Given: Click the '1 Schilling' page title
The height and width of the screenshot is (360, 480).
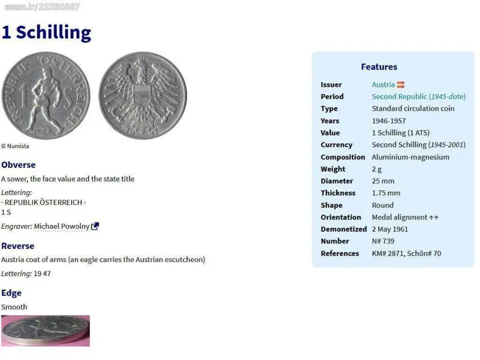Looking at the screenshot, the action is click(x=46, y=32).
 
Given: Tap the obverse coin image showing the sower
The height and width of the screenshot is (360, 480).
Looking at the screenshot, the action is click(x=46, y=95).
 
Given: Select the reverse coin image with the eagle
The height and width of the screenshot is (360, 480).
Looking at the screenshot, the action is click(x=143, y=95).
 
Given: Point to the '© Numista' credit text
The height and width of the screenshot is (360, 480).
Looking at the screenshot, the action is click(x=15, y=146).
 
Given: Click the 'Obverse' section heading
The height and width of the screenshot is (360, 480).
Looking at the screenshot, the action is click(x=19, y=164).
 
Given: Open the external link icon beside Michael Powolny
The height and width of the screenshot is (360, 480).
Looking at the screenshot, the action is click(x=95, y=226).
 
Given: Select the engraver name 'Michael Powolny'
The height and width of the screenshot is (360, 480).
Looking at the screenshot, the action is click(x=62, y=226).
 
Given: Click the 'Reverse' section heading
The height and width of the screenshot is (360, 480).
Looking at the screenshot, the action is click(x=18, y=246).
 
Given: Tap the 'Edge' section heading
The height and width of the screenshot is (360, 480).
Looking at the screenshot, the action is click(x=11, y=293).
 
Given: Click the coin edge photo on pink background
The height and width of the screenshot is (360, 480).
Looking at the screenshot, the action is click(x=46, y=331).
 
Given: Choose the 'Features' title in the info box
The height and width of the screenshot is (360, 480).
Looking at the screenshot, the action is click(x=379, y=67).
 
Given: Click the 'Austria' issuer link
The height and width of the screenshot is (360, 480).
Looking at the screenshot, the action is click(x=383, y=85).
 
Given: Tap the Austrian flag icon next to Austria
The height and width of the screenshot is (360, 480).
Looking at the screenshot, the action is click(x=401, y=85).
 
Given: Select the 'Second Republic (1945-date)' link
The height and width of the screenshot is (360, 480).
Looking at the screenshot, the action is click(x=419, y=97).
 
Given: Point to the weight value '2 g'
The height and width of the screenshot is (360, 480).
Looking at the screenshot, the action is click(x=377, y=169).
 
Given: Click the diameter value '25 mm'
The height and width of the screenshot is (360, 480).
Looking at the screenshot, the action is click(x=383, y=181).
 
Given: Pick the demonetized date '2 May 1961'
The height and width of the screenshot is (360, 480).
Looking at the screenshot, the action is click(x=390, y=229).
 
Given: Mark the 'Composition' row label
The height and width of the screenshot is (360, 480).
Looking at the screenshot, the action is click(x=343, y=157).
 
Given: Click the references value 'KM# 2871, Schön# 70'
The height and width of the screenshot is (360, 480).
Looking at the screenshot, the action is click(x=407, y=253).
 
